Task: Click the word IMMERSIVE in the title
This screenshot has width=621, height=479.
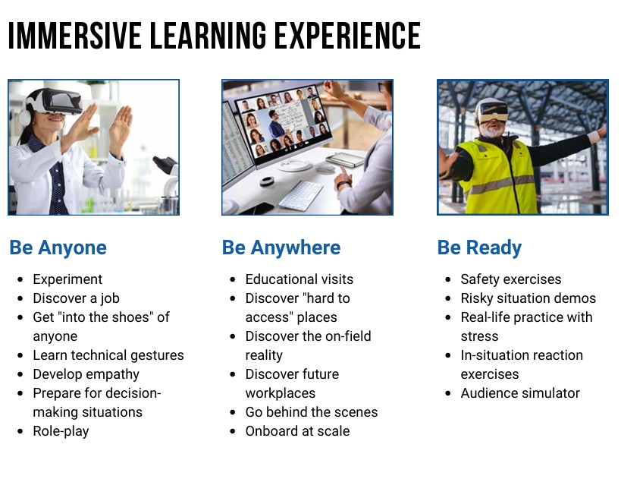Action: tap(75, 36)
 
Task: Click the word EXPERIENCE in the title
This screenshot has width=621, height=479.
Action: tap(348, 36)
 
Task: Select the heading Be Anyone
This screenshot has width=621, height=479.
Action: tap(58, 247)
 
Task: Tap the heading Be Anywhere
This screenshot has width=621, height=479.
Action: tap(281, 247)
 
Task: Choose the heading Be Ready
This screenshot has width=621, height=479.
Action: tap(480, 247)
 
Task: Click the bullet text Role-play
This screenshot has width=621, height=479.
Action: tap(61, 431)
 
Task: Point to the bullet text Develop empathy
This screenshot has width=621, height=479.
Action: tap(86, 374)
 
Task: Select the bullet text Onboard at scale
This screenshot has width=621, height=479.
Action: tap(297, 431)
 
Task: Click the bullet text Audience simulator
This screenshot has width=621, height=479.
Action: tap(520, 393)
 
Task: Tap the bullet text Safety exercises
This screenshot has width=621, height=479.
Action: tap(511, 279)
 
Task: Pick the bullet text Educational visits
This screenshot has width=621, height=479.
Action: tap(300, 279)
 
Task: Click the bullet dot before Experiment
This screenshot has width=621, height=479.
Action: tap(20, 279)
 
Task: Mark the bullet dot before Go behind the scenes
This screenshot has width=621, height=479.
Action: tap(233, 412)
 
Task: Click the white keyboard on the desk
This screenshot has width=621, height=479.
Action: tap(300, 194)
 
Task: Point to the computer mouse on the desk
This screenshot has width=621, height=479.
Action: tap(325, 168)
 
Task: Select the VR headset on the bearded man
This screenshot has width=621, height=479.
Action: tap(493, 110)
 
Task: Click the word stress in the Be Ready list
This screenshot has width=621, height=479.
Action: tap(479, 336)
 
